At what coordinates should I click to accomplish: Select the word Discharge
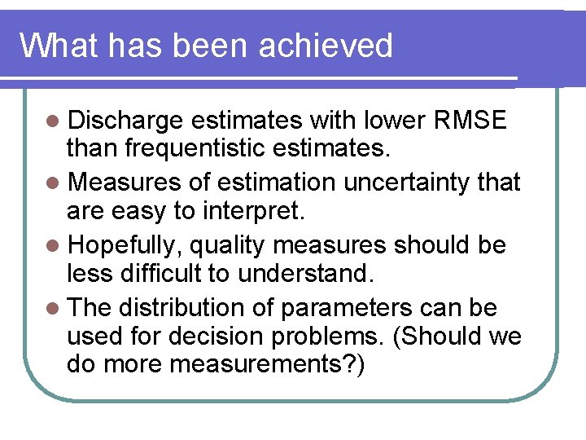click(125, 121)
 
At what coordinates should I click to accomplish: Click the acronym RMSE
click(471, 121)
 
